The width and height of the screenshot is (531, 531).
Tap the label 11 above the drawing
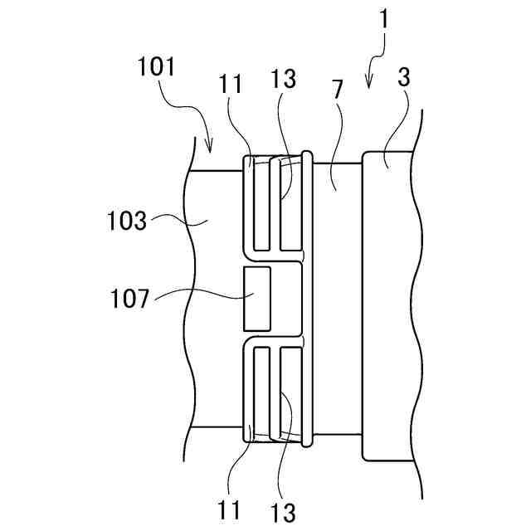click(x=231, y=84)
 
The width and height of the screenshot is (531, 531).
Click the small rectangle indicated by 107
click(x=256, y=296)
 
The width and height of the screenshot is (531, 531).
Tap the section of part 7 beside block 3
click(x=337, y=299)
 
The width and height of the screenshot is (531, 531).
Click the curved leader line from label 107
click(x=199, y=292)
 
